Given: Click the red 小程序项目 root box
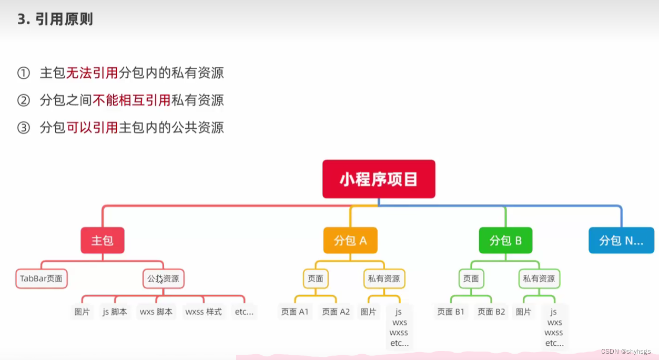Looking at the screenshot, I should pyautogui.click(x=379, y=179).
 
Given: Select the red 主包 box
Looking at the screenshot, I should pyautogui.click(x=103, y=241).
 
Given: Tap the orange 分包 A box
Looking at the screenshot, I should pyautogui.click(x=350, y=241).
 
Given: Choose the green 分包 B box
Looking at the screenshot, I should pyautogui.click(x=505, y=241).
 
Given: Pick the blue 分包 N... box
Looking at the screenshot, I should pyautogui.click(x=621, y=241).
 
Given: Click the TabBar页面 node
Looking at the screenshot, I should pyautogui.click(x=42, y=279).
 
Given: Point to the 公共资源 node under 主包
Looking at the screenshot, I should pyautogui.click(x=163, y=279).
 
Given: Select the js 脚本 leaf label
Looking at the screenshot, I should pyautogui.click(x=115, y=312).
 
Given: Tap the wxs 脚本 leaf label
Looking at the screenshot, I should pyautogui.click(x=156, y=312).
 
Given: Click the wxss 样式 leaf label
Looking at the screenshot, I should pyautogui.click(x=204, y=312).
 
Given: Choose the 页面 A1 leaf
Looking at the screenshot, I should pyautogui.click(x=295, y=312).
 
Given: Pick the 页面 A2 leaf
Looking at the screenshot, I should pyautogui.click(x=336, y=312).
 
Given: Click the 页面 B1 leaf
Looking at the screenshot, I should pyautogui.click(x=451, y=312).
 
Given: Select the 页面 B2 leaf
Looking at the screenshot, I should pyautogui.click(x=491, y=312).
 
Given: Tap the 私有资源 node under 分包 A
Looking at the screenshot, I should pyautogui.click(x=384, y=279).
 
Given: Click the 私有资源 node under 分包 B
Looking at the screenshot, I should pyautogui.click(x=539, y=279).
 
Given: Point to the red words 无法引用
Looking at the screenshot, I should pyautogui.click(x=92, y=73).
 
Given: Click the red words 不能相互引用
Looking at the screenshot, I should pyautogui.click(x=131, y=100).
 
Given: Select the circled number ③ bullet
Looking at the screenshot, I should pyautogui.click(x=24, y=128).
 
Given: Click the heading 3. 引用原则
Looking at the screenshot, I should pyautogui.click(x=55, y=20).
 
